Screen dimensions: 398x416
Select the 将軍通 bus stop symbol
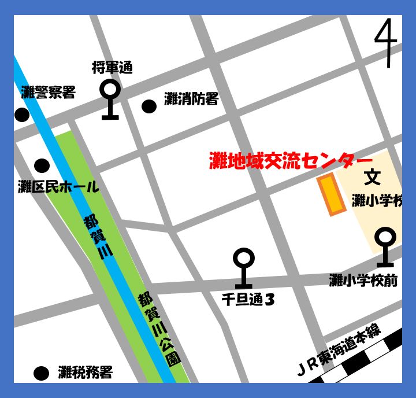click(110, 99)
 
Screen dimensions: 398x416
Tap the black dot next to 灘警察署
click(22, 115)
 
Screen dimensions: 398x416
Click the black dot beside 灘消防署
click(149, 106)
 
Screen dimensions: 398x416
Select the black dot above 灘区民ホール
click(42, 166)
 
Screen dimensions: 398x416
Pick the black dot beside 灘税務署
click(41, 373)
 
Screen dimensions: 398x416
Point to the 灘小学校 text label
click(376, 201)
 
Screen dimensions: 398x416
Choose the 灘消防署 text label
click(191, 99)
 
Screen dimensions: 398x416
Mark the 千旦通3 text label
click(247, 299)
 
